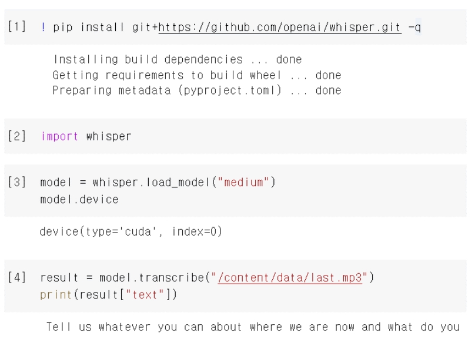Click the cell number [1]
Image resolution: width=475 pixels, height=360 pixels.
pyautogui.click(x=17, y=26)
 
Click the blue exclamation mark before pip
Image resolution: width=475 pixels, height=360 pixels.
pyautogui.click(x=44, y=27)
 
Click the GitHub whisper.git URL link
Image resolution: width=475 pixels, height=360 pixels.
pyautogui.click(x=280, y=28)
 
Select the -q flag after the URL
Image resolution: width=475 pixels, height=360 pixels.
pyautogui.click(x=414, y=27)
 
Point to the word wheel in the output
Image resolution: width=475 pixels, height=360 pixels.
pyautogui.click(x=266, y=75)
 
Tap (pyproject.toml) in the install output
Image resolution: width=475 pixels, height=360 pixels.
pyautogui.click(x=230, y=90)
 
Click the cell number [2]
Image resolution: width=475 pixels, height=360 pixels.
pyautogui.click(x=17, y=136)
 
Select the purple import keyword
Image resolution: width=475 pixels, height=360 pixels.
pyautogui.click(x=59, y=136)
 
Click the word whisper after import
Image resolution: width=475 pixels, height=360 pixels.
pyautogui.click(x=109, y=136)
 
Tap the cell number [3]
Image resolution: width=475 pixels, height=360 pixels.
pyautogui.click(x=17, y=182)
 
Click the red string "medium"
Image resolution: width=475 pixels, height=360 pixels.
pyautogui.click(x=243, y=182)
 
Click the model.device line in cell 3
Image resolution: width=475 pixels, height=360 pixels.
pyautogui.click(x=79, y=199)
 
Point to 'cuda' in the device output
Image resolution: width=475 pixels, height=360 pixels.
pyautogui.click(x=138, y=232)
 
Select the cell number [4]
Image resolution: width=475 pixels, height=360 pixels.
pyautogui.click(x=17, y=277)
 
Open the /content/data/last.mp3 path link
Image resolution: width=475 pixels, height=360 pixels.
pyautogui.click(x=290, y=278)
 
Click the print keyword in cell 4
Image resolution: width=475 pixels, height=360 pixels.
pyautogui.click(x=56, y=295)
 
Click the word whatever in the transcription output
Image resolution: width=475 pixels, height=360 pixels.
pyautogui.click(x=125, y=327)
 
